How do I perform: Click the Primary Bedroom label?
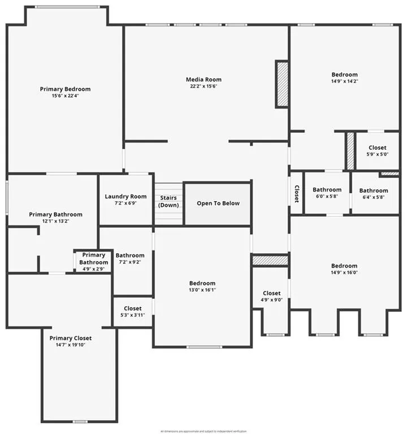[65, 89]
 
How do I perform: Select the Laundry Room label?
[125, 197]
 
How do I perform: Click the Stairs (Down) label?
[168, 201]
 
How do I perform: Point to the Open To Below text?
[218, 203]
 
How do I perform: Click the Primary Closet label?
[70, 338]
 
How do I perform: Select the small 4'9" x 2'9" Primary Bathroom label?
[93, 259]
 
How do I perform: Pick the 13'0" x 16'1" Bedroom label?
[202, 283]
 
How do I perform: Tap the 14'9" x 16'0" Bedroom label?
[344, 266]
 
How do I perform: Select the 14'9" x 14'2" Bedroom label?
[344, 75]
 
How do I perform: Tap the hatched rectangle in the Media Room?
[282, 84]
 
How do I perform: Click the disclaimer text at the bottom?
[203, 431]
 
